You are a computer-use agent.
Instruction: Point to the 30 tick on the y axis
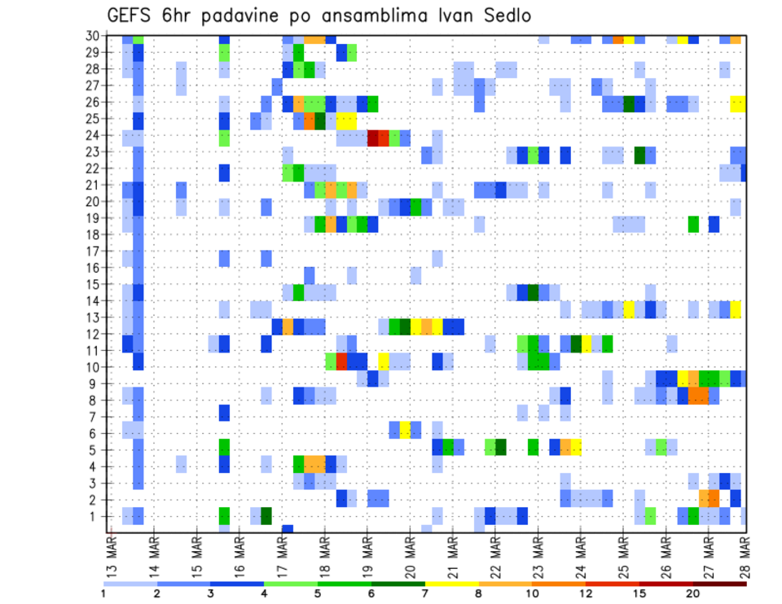click(x=93, y=36)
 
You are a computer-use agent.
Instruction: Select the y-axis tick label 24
click(x=93, y=136)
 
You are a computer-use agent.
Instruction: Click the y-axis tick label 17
click(x=93, y=252)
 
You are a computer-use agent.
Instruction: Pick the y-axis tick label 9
click(x=96, y=384)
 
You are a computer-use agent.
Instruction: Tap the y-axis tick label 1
click(x=96, y=516)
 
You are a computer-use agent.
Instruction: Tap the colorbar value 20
click(x=693, y=593)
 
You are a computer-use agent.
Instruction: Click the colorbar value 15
click(x=639, y=593)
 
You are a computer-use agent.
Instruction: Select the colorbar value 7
click(x=425, y=593)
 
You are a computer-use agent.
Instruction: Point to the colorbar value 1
click(x=103, y=593)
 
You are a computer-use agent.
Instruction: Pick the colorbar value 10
click(x=532, y=593)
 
